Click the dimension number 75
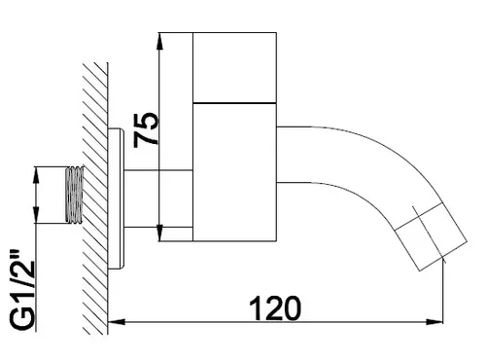147,129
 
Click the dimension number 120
275,307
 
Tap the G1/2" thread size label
22,290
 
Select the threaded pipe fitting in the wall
75,195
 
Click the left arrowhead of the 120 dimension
116,322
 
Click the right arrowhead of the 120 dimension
434,322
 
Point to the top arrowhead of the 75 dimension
159,41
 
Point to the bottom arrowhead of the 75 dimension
159,233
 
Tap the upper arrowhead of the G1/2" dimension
36,175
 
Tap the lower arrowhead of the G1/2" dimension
36,214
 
